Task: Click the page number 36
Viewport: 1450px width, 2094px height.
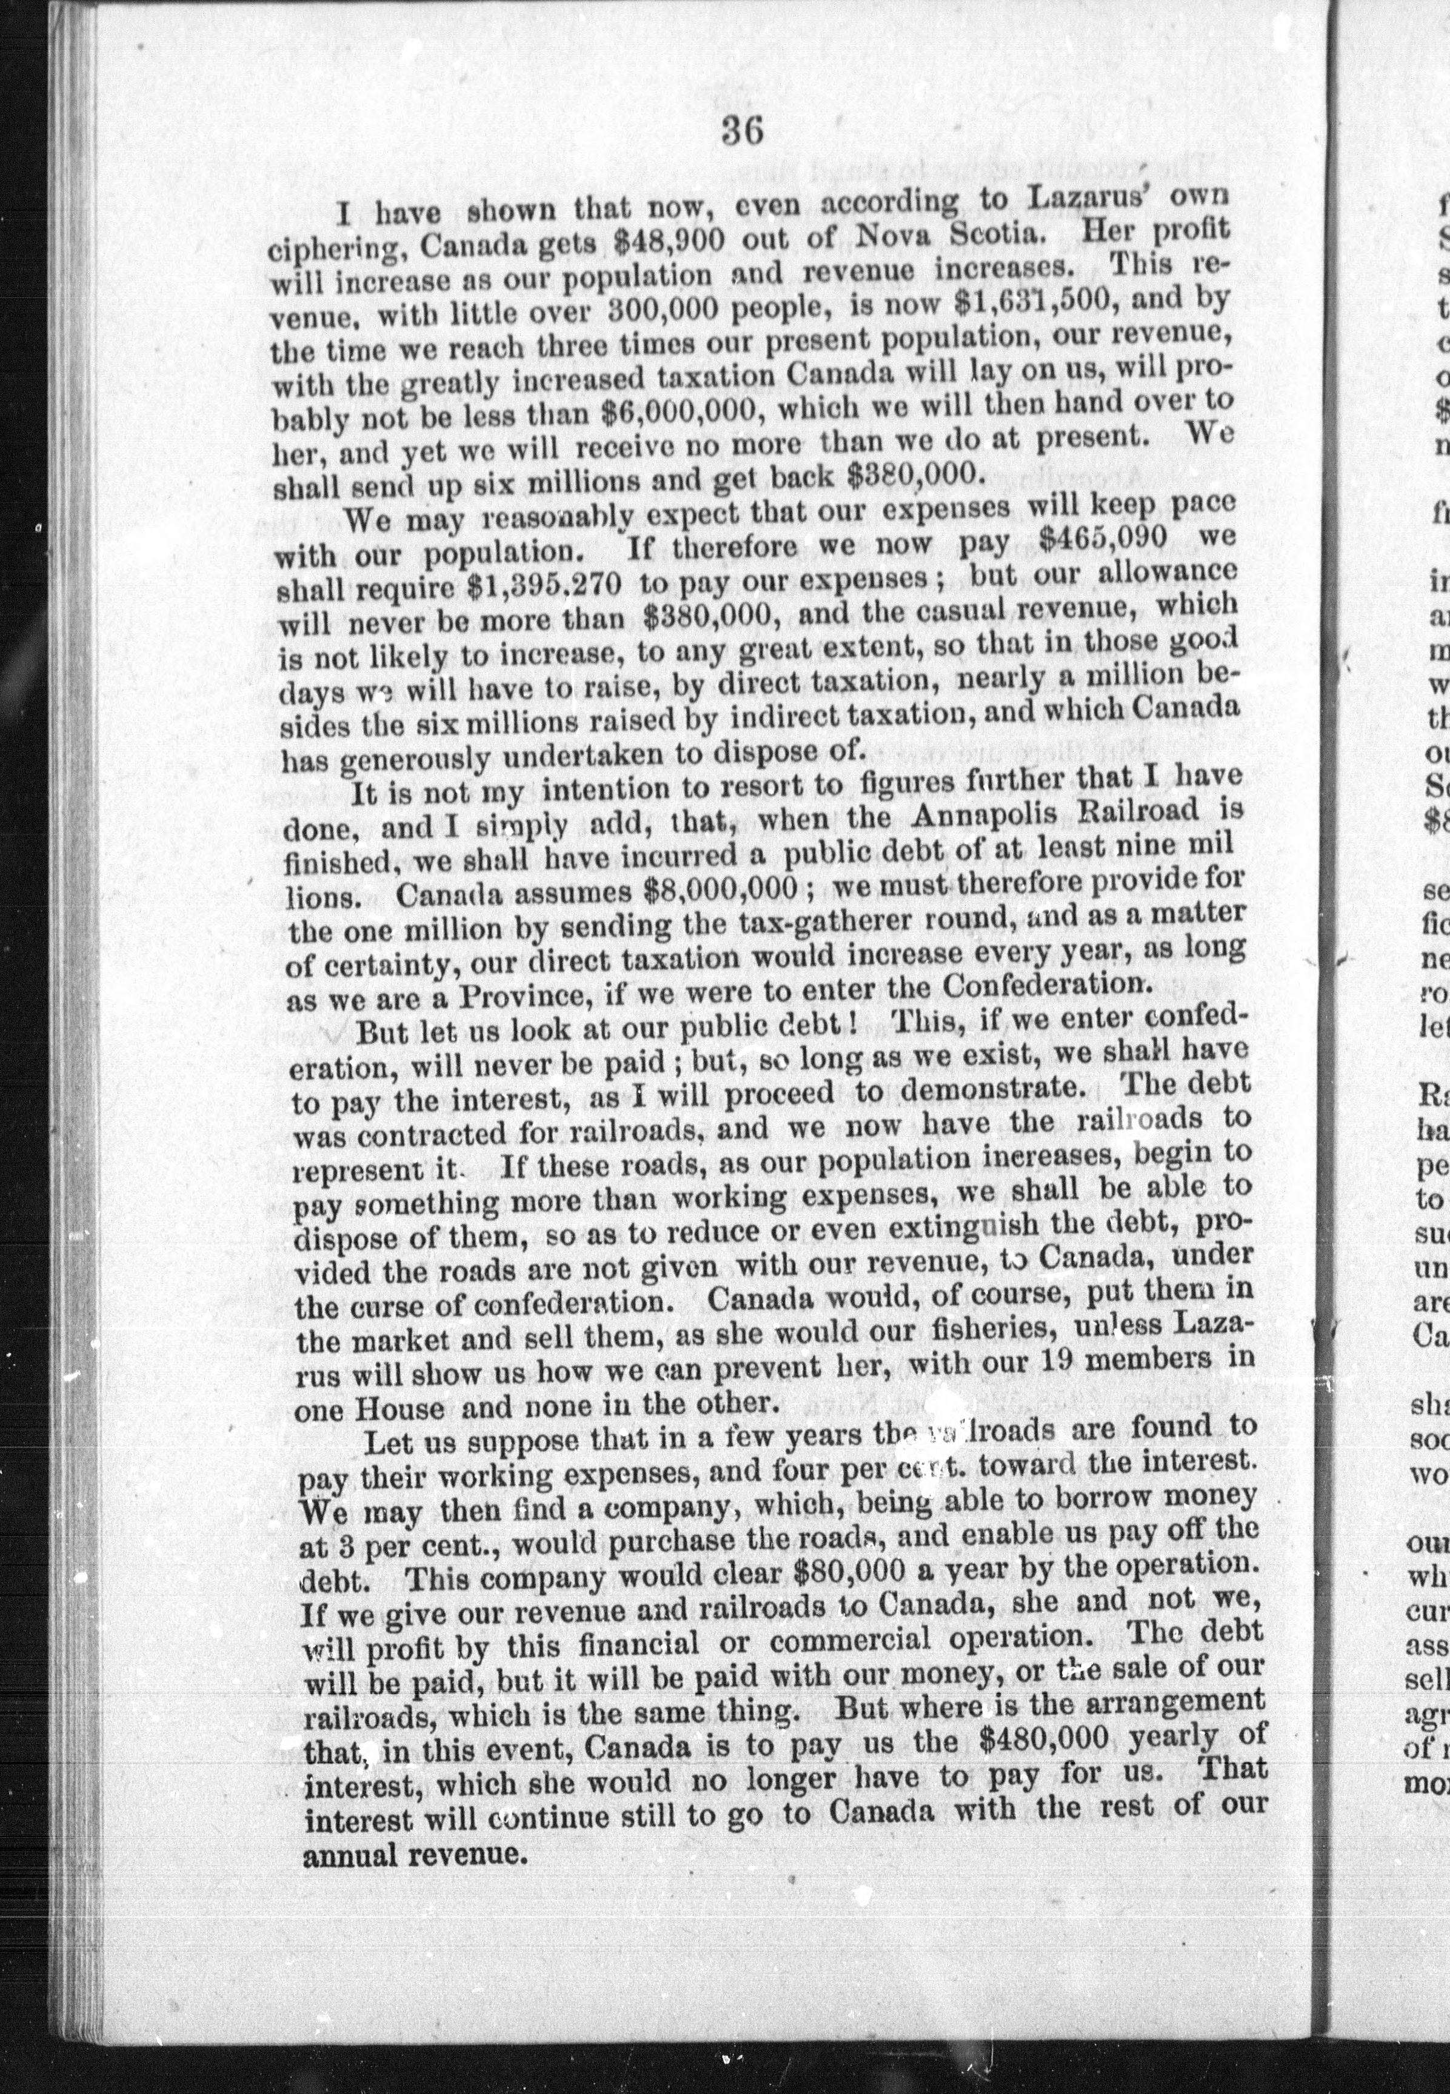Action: pos(741,133)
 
